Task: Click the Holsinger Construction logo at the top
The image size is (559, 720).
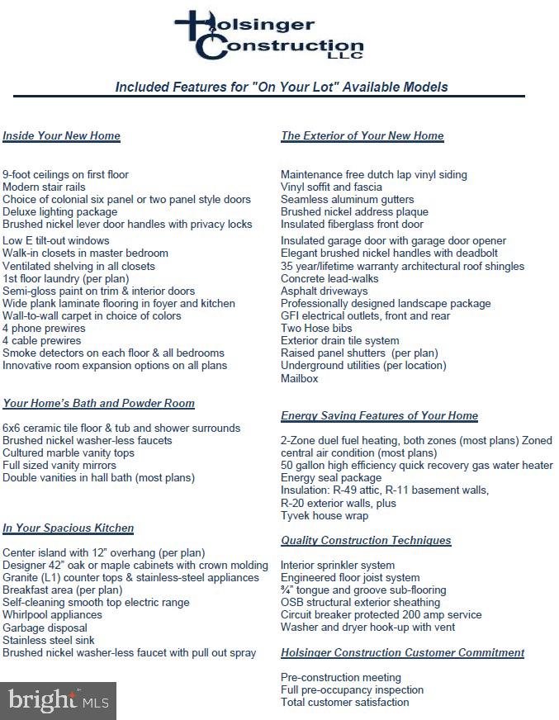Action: (269, 35)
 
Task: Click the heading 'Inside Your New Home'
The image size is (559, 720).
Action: (61, 135)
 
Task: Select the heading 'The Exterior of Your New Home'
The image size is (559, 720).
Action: (362, 135)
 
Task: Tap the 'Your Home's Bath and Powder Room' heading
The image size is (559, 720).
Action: (98, 403)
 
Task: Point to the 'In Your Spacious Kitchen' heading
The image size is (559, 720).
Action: (68, 528)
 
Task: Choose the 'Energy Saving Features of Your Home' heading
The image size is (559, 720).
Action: (379, 415)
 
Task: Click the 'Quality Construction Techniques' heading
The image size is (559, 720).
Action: (366, 540)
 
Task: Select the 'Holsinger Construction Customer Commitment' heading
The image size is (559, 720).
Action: (402, 652)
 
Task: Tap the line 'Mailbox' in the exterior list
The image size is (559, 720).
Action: (299, 378)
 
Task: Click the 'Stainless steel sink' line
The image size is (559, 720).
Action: (49, 640)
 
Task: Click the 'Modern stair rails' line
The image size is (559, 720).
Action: (44, 187)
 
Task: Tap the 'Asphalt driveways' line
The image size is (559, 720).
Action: (324, 291)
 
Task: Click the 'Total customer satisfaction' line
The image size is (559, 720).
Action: (344, 702)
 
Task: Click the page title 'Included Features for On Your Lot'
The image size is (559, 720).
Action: (282, 87)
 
